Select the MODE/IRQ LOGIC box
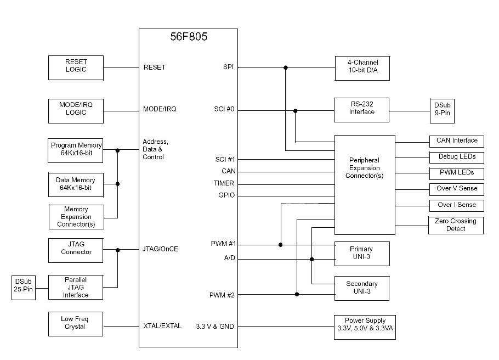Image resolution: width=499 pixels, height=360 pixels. click(76, 108)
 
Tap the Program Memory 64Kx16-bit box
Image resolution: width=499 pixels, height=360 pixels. click(76, 149)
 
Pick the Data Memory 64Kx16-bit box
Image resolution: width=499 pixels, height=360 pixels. click(76, 184)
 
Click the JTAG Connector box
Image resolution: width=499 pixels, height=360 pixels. click(76, 249)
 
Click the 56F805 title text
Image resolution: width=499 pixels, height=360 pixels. click(188, 38)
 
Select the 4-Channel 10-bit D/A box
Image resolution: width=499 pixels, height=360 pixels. click(362, 67)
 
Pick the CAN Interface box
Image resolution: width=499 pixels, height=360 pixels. click(456, 141)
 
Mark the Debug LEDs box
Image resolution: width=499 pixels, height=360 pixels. click(456, 157)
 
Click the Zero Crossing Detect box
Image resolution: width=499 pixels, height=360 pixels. click(456, 225)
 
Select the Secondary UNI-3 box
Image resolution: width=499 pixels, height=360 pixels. click(362, 288)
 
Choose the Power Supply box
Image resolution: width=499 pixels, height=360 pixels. click(365, 327)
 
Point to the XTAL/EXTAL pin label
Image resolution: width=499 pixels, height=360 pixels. click(162, 326)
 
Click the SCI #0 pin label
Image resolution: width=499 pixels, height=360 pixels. click(224, 109)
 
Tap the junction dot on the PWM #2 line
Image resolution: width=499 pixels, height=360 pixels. click(297, 294)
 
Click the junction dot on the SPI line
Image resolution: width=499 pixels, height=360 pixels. click(285, 67)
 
